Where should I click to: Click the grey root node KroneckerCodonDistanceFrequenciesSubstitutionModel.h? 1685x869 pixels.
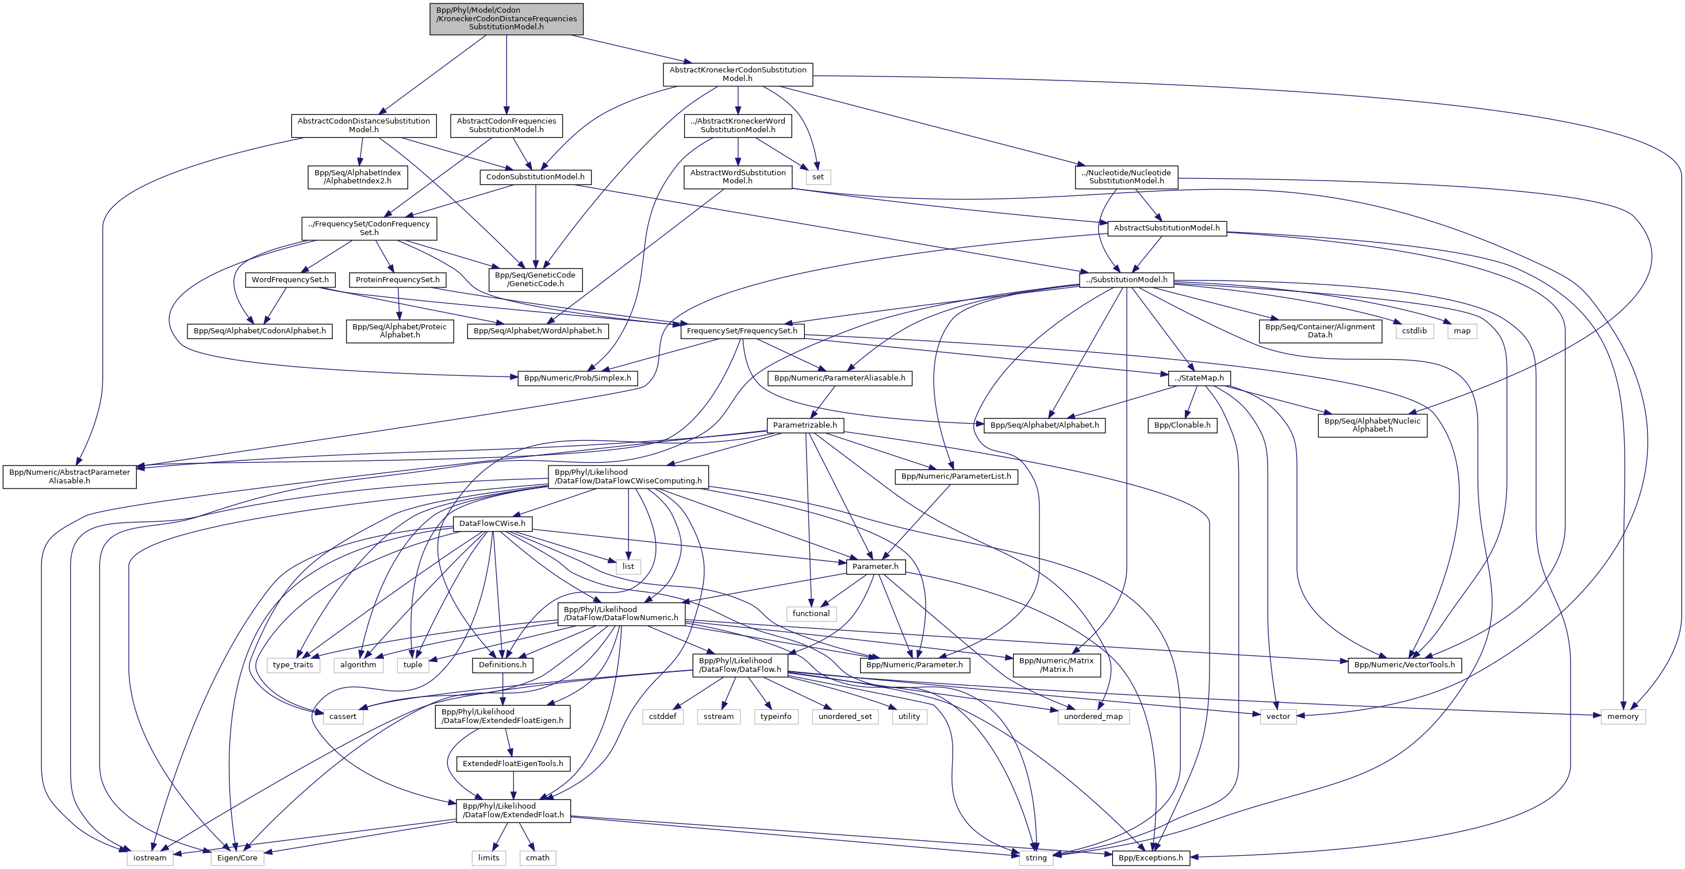(506, 19)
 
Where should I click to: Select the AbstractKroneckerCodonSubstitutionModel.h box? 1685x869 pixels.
(737, 75)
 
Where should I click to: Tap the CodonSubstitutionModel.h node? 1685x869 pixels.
(535, 177)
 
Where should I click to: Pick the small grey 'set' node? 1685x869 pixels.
(817, 177)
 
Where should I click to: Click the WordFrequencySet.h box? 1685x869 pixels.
(290, 280)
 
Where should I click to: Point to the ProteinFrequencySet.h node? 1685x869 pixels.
(397, 280)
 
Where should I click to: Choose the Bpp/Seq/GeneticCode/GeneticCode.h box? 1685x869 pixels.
(535, 280)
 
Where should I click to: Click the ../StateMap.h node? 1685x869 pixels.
(1198, 378)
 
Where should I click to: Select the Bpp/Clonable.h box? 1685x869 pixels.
(1182, 425)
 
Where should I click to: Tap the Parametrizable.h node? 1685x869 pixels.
(805, 425)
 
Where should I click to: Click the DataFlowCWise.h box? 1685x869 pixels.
(492, 524)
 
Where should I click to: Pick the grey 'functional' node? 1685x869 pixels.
(811, 613)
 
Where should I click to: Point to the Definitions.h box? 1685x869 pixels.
(502, 665)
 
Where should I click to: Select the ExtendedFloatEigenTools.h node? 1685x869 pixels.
(513, 764)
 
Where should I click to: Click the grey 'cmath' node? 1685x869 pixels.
(538, 858)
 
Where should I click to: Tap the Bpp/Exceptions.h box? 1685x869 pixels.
(1150, 858)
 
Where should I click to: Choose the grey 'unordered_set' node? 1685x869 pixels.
(845, 717)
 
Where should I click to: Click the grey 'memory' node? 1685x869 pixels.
(1622, 717)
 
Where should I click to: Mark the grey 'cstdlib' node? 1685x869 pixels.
(1414, 331)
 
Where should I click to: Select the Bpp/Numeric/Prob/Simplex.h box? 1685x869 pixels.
(578, 378)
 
